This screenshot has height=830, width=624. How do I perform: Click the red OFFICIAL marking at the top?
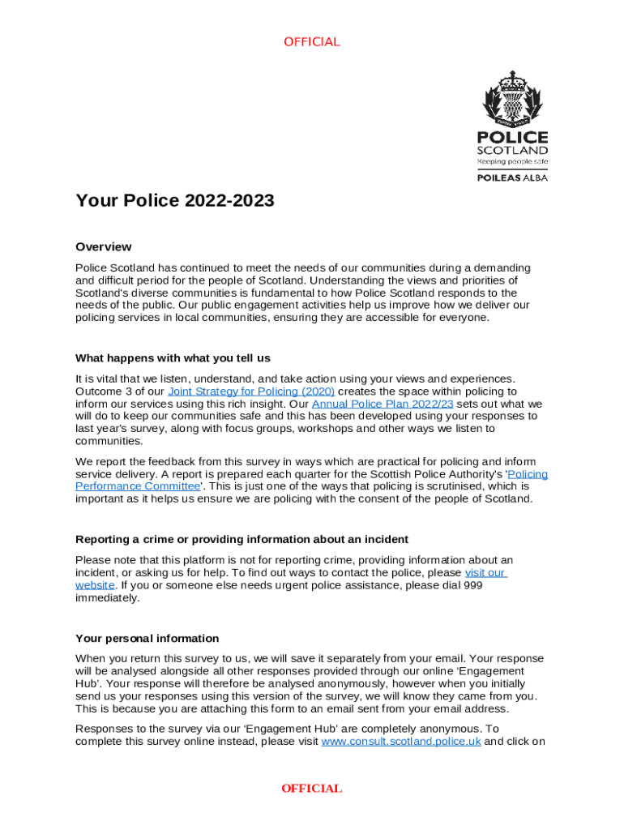pyautogui.click(x=311, y=42)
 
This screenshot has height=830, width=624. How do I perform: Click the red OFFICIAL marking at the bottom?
pyautogui.click(x=311, y=789)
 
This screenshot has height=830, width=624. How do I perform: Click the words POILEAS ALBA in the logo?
pyautogui.click(x=511, y=178)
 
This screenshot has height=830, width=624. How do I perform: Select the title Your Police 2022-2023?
pyautogui.click(x=175, y=200)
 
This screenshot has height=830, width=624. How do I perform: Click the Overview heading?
pyautogui.click(x=103, y=246)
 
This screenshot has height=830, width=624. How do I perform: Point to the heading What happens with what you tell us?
pyautogui.click(x=173, y=357)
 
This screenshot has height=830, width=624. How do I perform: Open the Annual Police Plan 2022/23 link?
pyautogui.click(x=383, y=404)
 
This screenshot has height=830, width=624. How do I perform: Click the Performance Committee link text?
pyautogui.click(x=138, y=486)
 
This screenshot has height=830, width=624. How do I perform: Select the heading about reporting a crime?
pyautogui.click(x=241, y=539)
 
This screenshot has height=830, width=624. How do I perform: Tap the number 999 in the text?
pyautogui.click(x=472, y=585)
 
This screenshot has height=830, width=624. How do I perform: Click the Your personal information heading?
pyautogui.click(x=147, y=638)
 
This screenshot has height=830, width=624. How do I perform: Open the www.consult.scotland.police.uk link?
pyautogui.click(x=401, y=742)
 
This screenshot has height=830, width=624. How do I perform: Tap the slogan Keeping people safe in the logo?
pyautogui.click(x=511, y=161)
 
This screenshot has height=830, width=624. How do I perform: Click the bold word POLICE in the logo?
pyautogui.click(x=511, y=137)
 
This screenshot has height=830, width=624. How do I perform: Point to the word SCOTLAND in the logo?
pyautogui.click(x=511, y=151)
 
